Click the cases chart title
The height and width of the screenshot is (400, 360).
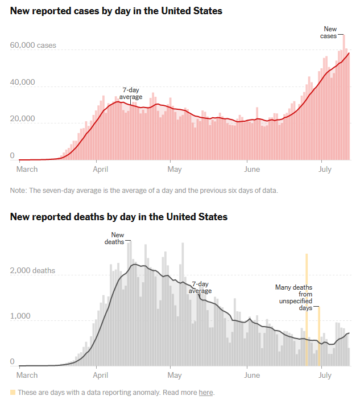tap(116, 11)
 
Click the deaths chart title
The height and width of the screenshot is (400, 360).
tap(118, 217)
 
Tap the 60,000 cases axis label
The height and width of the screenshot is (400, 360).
tap(33, 46)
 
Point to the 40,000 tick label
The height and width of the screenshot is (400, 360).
tap(23, 83)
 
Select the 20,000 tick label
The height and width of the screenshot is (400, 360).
tap(23, 119)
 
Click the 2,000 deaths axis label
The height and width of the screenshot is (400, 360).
tap(32, 270)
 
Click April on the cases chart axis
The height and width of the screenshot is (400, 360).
tap(101, 169)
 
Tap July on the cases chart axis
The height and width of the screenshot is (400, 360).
tap(324, 169)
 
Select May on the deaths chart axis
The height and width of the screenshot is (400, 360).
tap(175, 375)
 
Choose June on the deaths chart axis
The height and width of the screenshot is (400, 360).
tap(251, 375)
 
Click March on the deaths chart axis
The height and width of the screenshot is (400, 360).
tap(28, 375)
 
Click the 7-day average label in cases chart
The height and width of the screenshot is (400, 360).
tap(131, 93)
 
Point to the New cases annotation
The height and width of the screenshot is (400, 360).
tap(330, 32)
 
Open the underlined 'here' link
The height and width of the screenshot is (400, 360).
tap(205, 393)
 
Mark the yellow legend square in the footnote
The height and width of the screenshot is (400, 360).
tap(13, 392)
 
